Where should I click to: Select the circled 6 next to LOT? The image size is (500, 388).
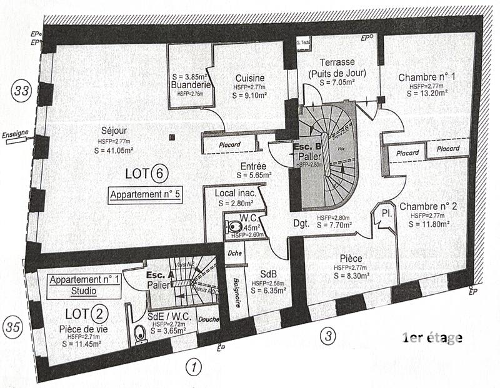159,173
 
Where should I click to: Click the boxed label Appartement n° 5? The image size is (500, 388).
145,194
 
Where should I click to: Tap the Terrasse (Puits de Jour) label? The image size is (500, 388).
337,67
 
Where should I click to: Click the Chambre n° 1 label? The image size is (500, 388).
427,77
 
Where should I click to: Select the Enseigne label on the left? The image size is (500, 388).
15,133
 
